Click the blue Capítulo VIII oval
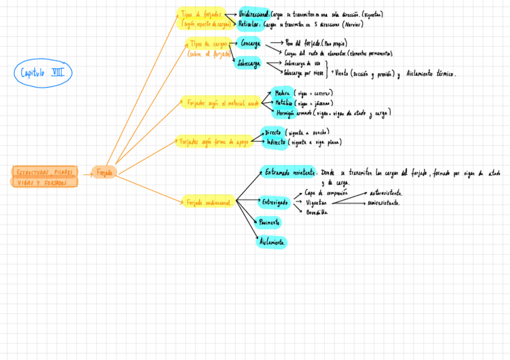(x=43, y=73)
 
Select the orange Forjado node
(x=104, y=172)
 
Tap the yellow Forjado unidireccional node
(x=208, y=203)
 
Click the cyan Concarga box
(x=250, y=44)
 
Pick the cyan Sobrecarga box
(x=248, y=63)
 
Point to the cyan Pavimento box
(x=269, y=223)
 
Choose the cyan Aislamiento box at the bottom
(x=272, y=242)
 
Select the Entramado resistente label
(x=289, y=172)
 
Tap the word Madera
(x=282, y=93)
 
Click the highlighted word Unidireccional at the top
(x=253, y=14)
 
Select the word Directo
(x=274, y=132)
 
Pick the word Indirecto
(x=276, y=142)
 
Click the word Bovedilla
(x=317, y=212)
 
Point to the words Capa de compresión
(x=326, y=194)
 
